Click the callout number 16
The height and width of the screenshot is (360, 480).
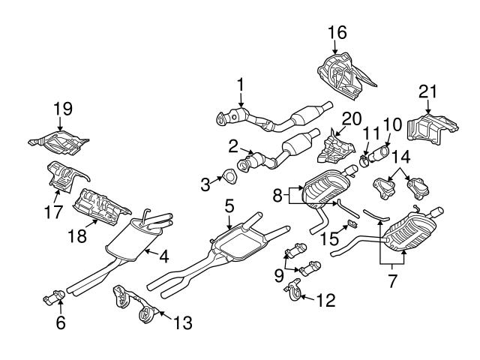pos(337,31)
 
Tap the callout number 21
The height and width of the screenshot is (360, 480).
pos(427,92)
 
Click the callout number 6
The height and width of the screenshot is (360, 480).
pos(61,323)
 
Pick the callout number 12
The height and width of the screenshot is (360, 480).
pos(325,301)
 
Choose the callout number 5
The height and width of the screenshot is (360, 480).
pos(229,204)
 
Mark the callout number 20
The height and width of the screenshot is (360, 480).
pos(352,118)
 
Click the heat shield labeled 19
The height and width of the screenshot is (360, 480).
pos(60,140)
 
